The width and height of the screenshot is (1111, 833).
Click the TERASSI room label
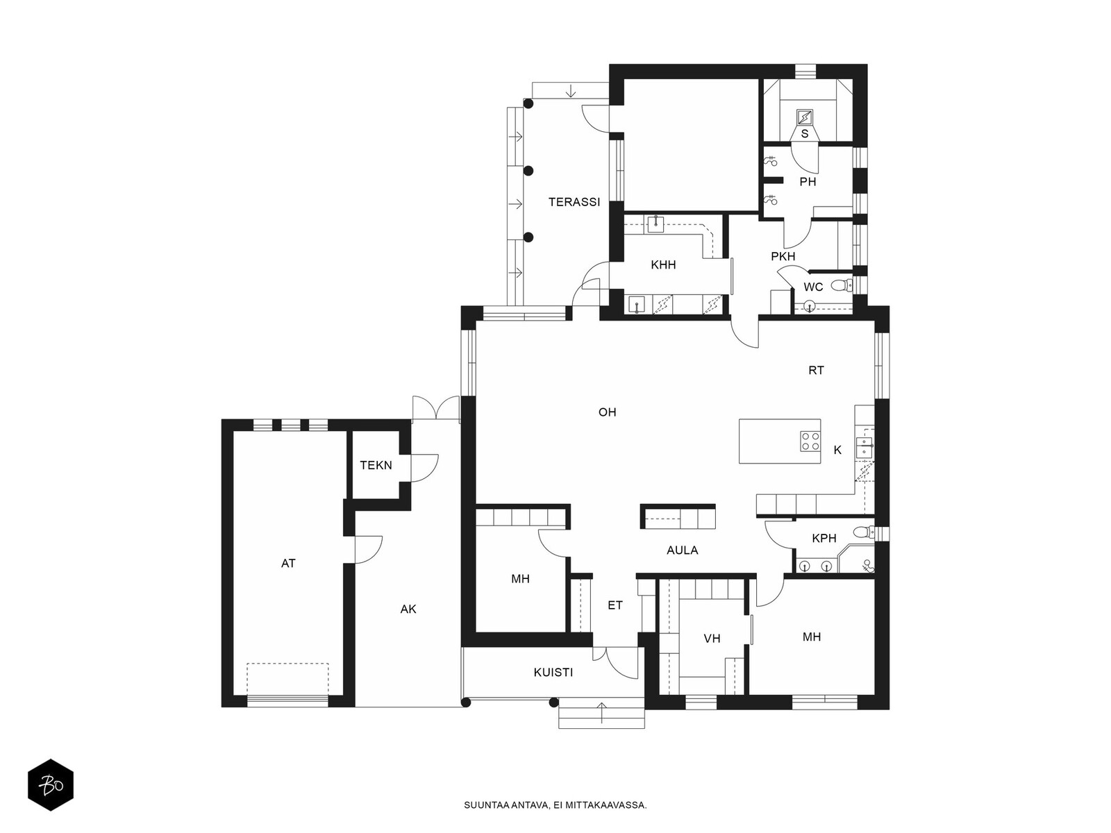pos(574,202)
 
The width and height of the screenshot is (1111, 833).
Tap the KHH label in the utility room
pos(663,264)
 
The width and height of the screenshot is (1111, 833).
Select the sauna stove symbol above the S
pos(804,117)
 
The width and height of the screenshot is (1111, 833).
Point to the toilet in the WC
pos(841,285)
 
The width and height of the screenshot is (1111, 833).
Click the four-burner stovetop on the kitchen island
pos(810,441)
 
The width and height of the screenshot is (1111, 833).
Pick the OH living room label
pos(608,412)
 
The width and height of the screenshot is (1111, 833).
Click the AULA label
pos(683,550)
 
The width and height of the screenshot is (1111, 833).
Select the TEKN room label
pos(376,465)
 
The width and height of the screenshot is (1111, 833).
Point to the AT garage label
pos(288,564)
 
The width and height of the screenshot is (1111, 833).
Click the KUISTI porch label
pos(553,673)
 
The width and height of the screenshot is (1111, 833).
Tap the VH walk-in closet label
pos(712,639)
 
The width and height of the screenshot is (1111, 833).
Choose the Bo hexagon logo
pos(51,785)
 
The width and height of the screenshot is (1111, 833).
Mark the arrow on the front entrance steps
pos(601,713)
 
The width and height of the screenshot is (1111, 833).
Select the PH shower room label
pos(808,182)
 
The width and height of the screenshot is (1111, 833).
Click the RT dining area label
pos(816,370)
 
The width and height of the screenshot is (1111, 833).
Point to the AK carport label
pos(408,609)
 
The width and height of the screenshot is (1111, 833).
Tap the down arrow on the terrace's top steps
pos(571,91)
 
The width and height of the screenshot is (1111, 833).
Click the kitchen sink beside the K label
pos(864,447)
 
